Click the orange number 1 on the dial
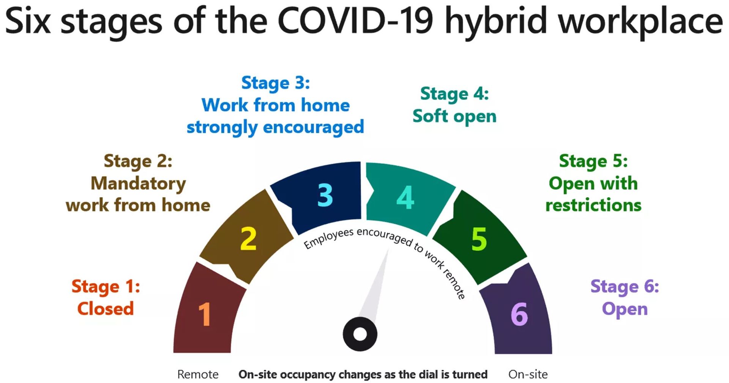pos(205,314)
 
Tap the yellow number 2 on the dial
pos(248,239)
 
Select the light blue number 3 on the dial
pos(325,195)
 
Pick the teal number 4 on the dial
pos(405,198)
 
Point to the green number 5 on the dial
pos(479,239)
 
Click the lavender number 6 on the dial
pos(519,314)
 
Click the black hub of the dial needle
pos(360,334)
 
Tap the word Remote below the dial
pos(198,374)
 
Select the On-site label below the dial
pos(528,374)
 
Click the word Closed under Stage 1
pos(106,309)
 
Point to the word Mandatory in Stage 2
pos(138,184)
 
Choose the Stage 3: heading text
pos(276,83)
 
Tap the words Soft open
pos(454,116)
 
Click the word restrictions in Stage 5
pos(593,205)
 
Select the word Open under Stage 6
pos(625,309)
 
